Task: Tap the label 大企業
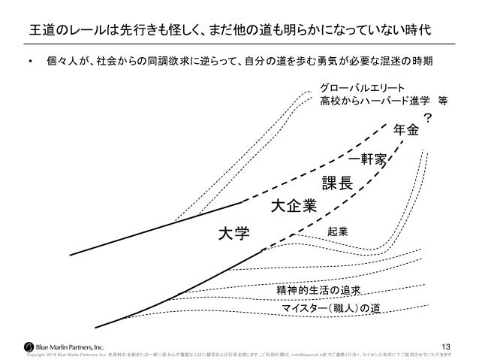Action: pos(293,204)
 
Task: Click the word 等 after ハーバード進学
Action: pos(444,100)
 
